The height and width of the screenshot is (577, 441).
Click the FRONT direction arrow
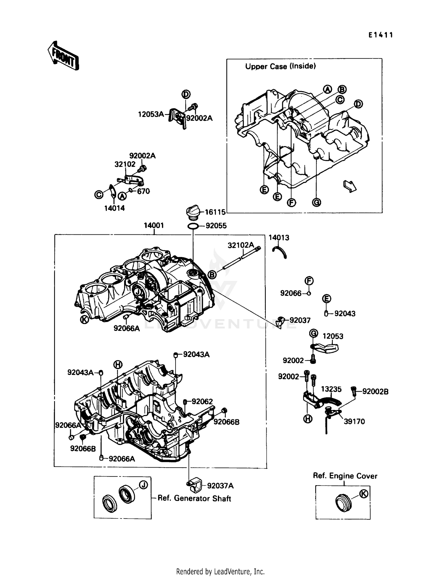pyautogui.click(x=63, y=56)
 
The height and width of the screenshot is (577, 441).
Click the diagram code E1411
pyautogui.click(x=380, y=35)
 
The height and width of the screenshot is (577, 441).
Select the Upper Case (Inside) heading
pyautogui.click(x=280, y=66)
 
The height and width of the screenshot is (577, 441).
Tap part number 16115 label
pyautogui.click(x=215, y=212)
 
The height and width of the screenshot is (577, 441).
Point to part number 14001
pyautogui.click(x=153, y=226)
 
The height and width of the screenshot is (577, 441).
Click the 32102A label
pyautogui.click(x=240, y=245)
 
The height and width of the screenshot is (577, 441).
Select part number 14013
pyautogui.click(x=279, y=238)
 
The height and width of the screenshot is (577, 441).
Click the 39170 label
pyautogui.click(x=354, y=421)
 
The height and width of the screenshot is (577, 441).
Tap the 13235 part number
pyautogui.click(x=331, y=389)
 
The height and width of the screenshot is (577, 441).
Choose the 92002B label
pyautogui.click(x=375, y=391)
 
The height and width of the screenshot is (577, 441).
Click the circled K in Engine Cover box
pyautogui.click(x=364, y=494)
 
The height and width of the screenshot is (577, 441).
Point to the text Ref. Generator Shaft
pyautogui.click(x=194, y=498)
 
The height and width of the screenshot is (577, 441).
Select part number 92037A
pyautogui.click(x=220, y=486)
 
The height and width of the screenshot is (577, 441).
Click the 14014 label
pyautogui.click(x=114, y=208)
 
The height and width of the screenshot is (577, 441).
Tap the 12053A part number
pyautogui.click(x=151, y=114)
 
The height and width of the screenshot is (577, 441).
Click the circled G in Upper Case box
pyautogui.click(x=316, y=202)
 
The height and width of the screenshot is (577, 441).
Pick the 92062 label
pyautogui.click(x=202, y=401)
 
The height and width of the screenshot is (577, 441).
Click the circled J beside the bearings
pyautogui.click(x=143, y=485)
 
